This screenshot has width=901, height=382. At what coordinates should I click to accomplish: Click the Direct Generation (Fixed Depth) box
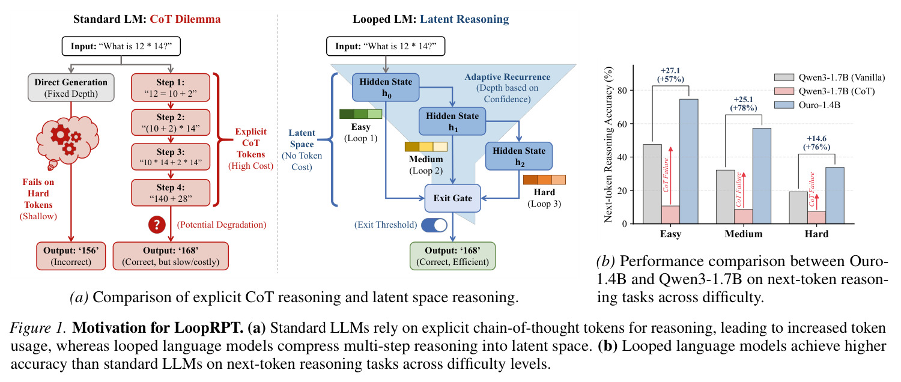point(71,87)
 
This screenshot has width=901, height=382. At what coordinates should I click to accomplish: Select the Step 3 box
point(171,157)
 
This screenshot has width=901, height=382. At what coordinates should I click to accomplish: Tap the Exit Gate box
point(452,198)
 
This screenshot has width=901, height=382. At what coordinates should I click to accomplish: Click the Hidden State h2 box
point(519,156)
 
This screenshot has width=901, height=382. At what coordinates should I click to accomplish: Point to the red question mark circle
point(157,225)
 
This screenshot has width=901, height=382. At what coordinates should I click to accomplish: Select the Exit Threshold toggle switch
point(434,225)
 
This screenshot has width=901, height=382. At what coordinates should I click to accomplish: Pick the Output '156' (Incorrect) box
point(71,256)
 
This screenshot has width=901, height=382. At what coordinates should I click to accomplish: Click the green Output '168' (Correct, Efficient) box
point(452,256)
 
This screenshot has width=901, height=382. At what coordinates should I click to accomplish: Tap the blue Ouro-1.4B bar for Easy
point(688,161)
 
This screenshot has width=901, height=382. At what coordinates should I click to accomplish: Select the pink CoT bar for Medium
point(744,216)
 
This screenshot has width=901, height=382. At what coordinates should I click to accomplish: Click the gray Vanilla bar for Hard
point(798,207)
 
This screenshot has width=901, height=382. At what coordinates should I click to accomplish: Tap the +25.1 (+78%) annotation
point(744,103)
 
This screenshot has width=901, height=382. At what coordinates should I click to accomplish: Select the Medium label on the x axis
point(744,234)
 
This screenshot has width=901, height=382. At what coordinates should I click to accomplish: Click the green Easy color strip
point(360,114)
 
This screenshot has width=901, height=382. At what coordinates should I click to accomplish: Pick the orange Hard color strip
point(544,180)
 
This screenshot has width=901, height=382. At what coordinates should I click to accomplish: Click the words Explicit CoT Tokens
point(250,143)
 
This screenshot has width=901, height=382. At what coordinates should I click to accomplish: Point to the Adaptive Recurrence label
point(507,77)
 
